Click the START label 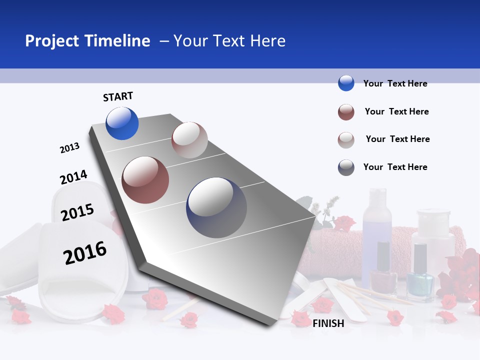[118, 96]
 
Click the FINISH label [328, 323]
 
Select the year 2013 [69, 148]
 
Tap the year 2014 [73, 177]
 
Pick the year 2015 [77, 212]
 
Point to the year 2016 [85, 253]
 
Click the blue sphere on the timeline [122, 123]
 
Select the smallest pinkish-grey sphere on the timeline [189, 140]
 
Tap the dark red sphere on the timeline [145, 180]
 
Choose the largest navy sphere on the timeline [216, 207]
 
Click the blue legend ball [346, 83]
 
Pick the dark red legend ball [346, 112]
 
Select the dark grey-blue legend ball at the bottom [346, 167]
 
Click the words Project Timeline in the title [87, 41]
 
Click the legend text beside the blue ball [395, 83]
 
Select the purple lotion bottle [377, 220]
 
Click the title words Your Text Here [229, 41]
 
